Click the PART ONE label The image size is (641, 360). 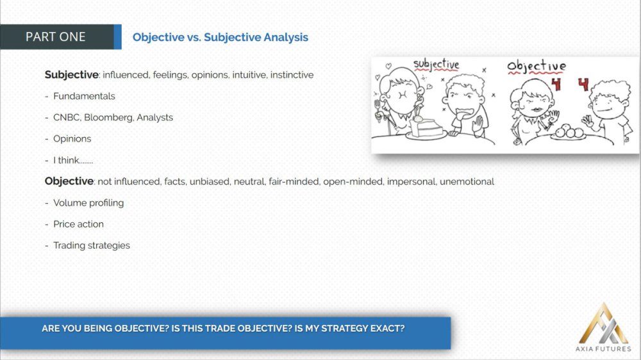[x=56, y=37]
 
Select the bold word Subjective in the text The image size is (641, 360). [x=72, y=75]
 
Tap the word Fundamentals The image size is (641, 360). [x=84, y=96]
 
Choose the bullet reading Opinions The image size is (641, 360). [x=72, y=139]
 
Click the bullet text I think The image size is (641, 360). [x=73, y=160]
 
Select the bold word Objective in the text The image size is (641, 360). [x=69, y=181]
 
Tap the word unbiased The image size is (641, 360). [x=210, y=181]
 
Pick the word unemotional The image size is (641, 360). [x=467, y=181]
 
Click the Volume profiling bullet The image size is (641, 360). [x=88, y=203]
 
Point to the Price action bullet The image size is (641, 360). [x=78, y=224]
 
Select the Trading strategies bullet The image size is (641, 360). [x=92, y=245]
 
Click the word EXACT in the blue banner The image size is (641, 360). [x=387, y=329]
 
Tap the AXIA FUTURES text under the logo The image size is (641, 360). [x=603, y=348]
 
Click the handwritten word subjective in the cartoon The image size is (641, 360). [x=436, y=65]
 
